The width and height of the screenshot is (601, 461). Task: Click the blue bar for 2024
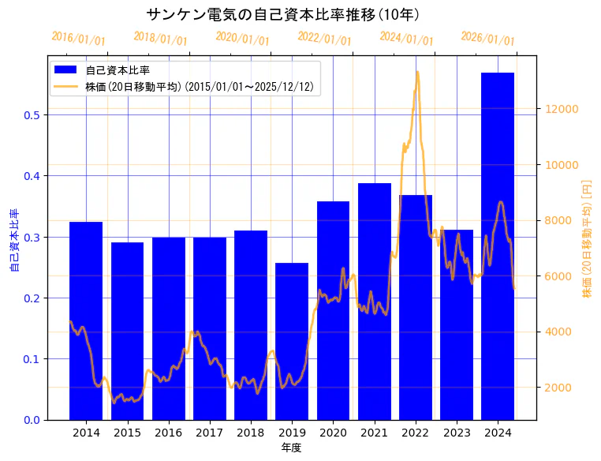click(x=498, y=245)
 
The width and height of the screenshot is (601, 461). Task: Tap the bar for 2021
click(x=375, y=301)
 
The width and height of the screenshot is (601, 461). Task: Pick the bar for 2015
click(x=127, y=331)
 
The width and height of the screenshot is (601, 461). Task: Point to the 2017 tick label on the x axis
click(x=210, y=433)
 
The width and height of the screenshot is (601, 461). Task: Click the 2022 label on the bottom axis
click(x=416, y=433)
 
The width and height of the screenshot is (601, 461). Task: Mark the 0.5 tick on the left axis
click(x=32, y=115)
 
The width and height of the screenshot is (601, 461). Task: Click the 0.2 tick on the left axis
click(x=32, y=298)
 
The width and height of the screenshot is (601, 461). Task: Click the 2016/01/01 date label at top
click(x=78, y=39)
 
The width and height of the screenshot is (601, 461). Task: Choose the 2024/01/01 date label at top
click(x=406, y=39)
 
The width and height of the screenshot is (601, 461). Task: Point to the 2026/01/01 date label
click(x=487, y=39)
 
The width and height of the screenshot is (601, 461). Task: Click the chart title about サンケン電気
click(x=283, y=14)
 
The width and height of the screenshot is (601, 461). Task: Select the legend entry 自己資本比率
click(x=118, y=70)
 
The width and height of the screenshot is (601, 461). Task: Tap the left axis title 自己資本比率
click(x=13, y=241)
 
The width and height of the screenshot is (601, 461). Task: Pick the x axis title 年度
click(x=291, y=448)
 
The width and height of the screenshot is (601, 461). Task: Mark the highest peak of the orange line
click(x=417, y=72)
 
